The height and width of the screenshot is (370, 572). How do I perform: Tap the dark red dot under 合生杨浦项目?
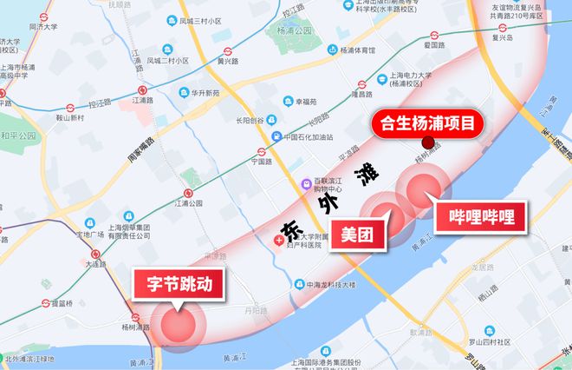426,143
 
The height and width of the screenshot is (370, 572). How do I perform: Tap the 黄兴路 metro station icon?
227,51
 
